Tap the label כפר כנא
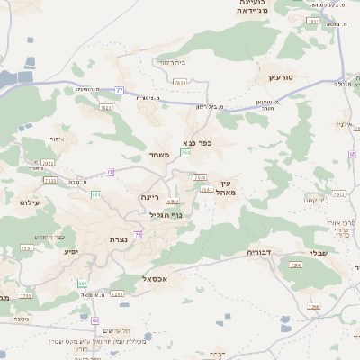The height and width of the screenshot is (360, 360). pyautogui.click(x=197, y=142)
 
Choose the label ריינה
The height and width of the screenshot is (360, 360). pyautogui.click(x=149, y=196)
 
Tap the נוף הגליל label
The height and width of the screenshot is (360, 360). pyautogui.click(x=164, y=215)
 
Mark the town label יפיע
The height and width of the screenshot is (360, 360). pyautogui.click(x=72, y=251)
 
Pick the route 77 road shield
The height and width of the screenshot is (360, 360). pyautogui.click(x=120, y=90)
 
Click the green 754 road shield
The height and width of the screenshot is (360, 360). pyautogui.click(x=185, y=154)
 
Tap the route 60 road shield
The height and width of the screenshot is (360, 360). pyautogui.click(x=96, y=319)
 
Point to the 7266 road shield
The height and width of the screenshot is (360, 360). pyautogui.click(x=294, y=266)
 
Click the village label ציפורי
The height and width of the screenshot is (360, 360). pyautogui.click(x=55, y=139)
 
